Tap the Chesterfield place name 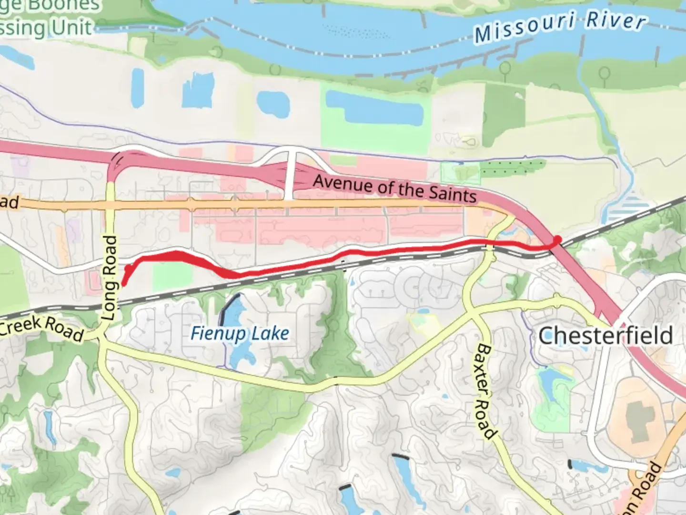[605, 335]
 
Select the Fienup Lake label [240, 333]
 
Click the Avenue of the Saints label [394, 188]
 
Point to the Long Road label [110, 278]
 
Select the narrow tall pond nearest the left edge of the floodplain [137, 87]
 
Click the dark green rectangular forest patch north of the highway [504, 114]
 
